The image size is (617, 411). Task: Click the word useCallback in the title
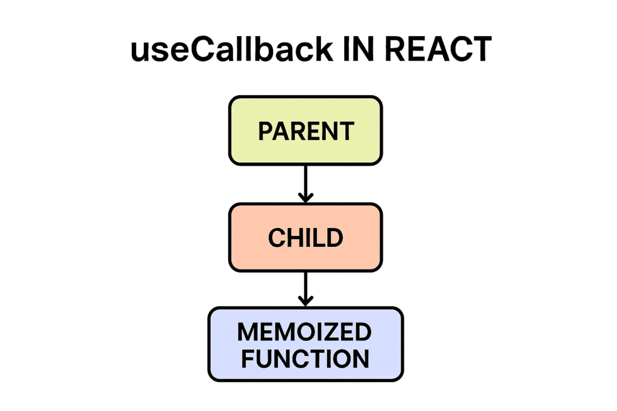[231, 51]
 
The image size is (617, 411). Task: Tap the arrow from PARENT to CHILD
[305, 181]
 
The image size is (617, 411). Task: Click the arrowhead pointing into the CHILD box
[305, 197]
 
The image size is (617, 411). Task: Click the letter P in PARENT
[265, 131]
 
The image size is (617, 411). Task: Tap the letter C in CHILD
[276, 238]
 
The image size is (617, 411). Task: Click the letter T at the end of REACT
[480, 51]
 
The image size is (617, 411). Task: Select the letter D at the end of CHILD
[335, 238]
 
